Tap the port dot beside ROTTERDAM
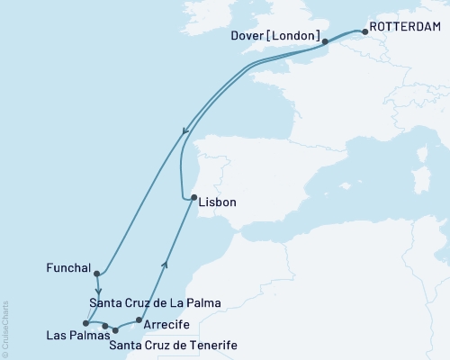pyautogui.click(x=365, y=39)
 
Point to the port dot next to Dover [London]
pyautogui.click(x=325, y=41)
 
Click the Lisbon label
pyautogui.click(x=219, y=202)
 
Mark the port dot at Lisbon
pyautogui.click(x=193, y=198)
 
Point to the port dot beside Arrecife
pyautogui.click(x=137, y=319)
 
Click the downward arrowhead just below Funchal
pyautogui.click(x=97, y=292)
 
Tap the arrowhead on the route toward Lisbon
pyautogui.click(x=164, y=263)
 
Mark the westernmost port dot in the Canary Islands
pyautogui.click(x=85, y=322)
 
